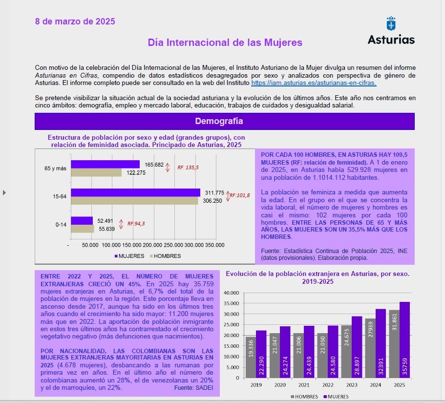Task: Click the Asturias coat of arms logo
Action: [391, 24]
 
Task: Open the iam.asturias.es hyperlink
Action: [314, 83]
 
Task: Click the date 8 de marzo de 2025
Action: [75, 21]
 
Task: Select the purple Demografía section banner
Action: [224, 121]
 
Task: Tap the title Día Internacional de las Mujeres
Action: [225, 42]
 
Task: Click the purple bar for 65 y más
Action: [105, 165]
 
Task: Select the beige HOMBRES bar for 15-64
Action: [134, 200]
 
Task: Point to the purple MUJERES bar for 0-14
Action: [82, 221]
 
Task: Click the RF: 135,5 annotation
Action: [188, 167]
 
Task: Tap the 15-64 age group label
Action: [60, 196]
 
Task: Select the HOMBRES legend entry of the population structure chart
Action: [167, 256]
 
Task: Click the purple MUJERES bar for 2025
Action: [404, 339]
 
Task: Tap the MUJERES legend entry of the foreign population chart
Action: [338, 397]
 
